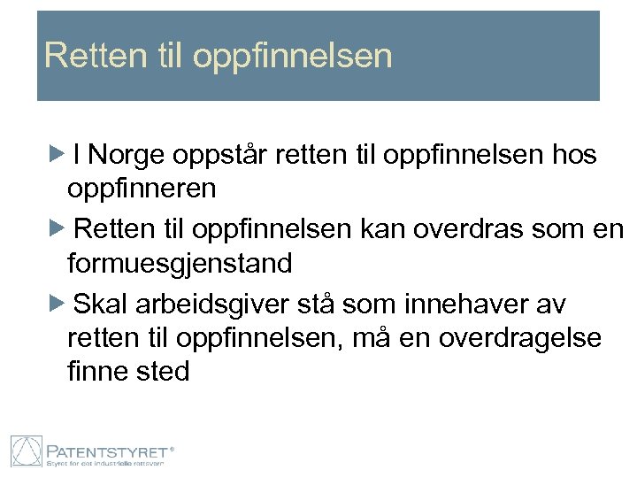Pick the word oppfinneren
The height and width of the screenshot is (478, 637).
(x=141, y=189)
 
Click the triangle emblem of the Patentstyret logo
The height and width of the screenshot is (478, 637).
(x=27, y=451)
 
